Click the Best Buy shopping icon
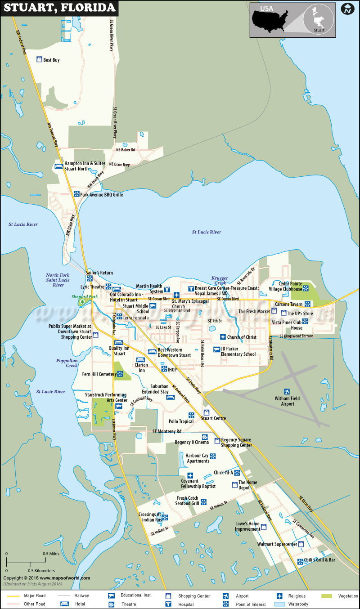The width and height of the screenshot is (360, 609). click(x=40, y=60)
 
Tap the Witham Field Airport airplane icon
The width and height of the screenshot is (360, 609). click(x=287, y=392)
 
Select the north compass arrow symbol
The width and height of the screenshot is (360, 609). click(x=347, y=9)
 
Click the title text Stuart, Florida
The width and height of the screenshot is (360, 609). click(x=58, y=8)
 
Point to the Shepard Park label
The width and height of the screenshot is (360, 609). click(x=84, y=296)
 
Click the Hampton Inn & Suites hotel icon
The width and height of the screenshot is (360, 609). click(x=58, y=166)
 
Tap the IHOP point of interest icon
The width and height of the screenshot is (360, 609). click(x=164, y=368)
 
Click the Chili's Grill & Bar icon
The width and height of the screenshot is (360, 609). click(x=300, y=561)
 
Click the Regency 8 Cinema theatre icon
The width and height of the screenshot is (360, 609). click(x=205, y=437)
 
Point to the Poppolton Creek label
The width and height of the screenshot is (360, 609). click(x=67, y=363)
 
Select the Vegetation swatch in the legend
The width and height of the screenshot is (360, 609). click(x=327, y=596)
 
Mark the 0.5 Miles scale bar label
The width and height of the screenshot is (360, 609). click(x=51, y=554)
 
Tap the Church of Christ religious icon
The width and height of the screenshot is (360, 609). click(x=223, y=337)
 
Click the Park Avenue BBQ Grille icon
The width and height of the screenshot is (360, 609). click(x=76, y=194)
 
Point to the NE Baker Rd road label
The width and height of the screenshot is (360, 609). click(x=126, y=150)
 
